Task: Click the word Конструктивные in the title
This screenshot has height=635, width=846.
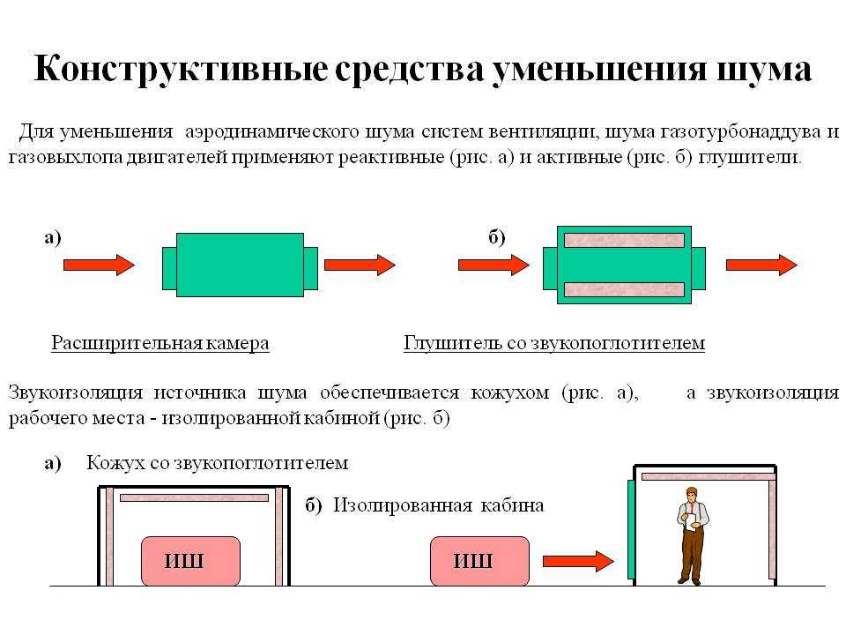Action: [x=181, y=69]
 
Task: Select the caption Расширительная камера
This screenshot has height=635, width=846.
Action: [x=160, y=343]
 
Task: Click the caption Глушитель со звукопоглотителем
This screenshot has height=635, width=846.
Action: [x=554, y=343]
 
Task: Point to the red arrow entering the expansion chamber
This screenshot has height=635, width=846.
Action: [x=99, y=265]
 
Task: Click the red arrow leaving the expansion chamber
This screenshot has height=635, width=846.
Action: [x=360, y=265]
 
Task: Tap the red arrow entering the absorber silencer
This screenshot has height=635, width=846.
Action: [x=493, y=265]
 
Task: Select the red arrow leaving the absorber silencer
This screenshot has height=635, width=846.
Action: [x=761, y=265]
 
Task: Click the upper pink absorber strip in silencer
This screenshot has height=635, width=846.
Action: [x=624, y=240]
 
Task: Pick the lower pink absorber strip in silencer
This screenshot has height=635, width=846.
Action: [x=624, y=289]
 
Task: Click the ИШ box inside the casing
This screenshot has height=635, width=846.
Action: [x=190, y=561]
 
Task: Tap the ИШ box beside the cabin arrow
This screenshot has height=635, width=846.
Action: [x=479, y=561]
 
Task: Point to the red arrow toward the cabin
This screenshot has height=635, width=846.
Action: [x=578, y=561]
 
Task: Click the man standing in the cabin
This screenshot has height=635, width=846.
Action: [x=693, y=535]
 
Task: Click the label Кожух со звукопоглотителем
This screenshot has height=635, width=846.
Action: [x=218, y=463]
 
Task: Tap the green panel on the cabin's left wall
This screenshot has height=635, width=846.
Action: [x=631, y=529]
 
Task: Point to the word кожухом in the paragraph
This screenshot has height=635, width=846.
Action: [x=510, y=392]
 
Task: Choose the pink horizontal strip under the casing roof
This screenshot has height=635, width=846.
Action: [x=194, y=497]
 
